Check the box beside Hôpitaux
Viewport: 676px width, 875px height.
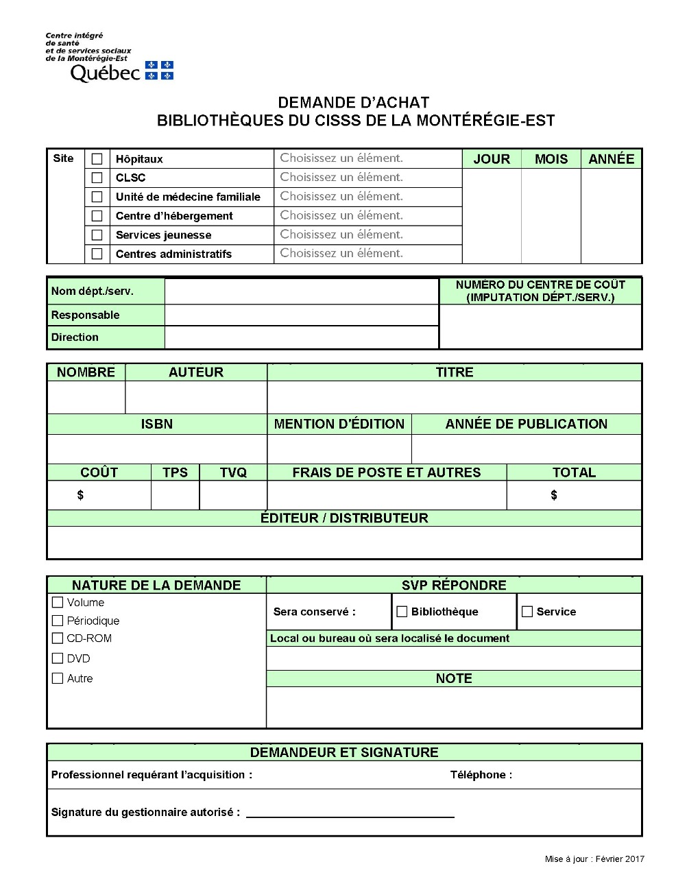(97, 159)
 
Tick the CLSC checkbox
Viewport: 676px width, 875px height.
(97, 178)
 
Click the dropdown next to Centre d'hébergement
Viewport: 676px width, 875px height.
(367, 215)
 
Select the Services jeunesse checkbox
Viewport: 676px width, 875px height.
(97, 235)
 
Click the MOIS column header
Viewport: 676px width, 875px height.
(551, 159)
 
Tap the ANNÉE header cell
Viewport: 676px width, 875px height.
(611, 159)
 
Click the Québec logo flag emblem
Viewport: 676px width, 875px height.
(159, 71)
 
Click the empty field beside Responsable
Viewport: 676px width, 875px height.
(301, 315)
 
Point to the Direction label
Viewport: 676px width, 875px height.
(75, 337)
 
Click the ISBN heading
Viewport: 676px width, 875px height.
(156, 424)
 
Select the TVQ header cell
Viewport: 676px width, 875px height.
(233, 472)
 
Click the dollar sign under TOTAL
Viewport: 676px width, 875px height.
(554, 495)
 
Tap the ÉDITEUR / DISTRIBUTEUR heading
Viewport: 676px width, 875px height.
(344, 518)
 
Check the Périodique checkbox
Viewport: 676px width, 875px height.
(58, 621)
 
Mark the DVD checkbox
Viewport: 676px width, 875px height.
(58, 658)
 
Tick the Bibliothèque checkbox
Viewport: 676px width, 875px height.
(402, 612)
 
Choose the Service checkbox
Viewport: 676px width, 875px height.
(527, 612)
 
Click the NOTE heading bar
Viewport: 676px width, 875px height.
(453, 678)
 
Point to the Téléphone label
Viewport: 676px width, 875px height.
(481, 775)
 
